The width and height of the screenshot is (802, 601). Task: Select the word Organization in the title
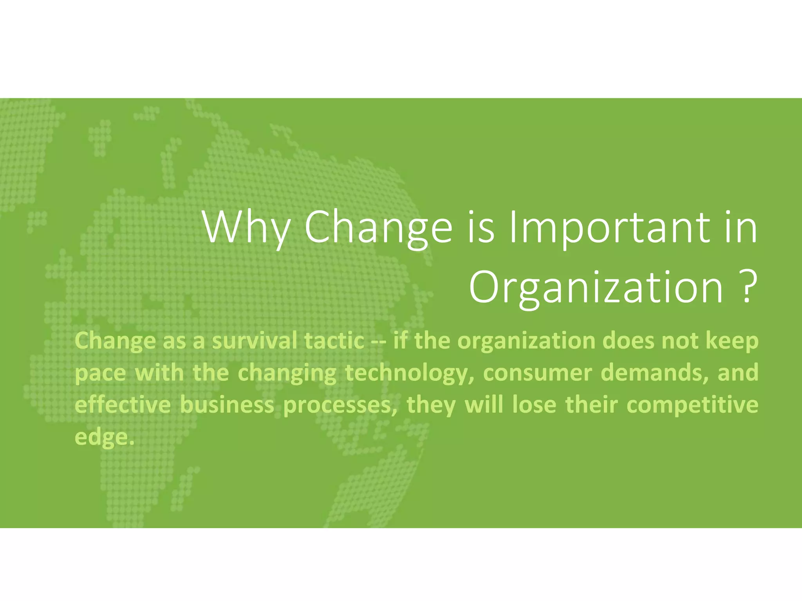tap(596, 288)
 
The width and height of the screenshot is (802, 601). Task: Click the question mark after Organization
tap(746, 288)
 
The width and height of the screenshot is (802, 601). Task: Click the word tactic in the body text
tap(334, 341)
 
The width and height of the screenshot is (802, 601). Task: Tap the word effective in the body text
tap(123, 405)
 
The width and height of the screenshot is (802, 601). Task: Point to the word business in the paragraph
tap(227, 405)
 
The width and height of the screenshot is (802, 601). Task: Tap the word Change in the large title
tap(378, 228)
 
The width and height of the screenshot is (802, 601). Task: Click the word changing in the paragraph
tap(287, 373)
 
